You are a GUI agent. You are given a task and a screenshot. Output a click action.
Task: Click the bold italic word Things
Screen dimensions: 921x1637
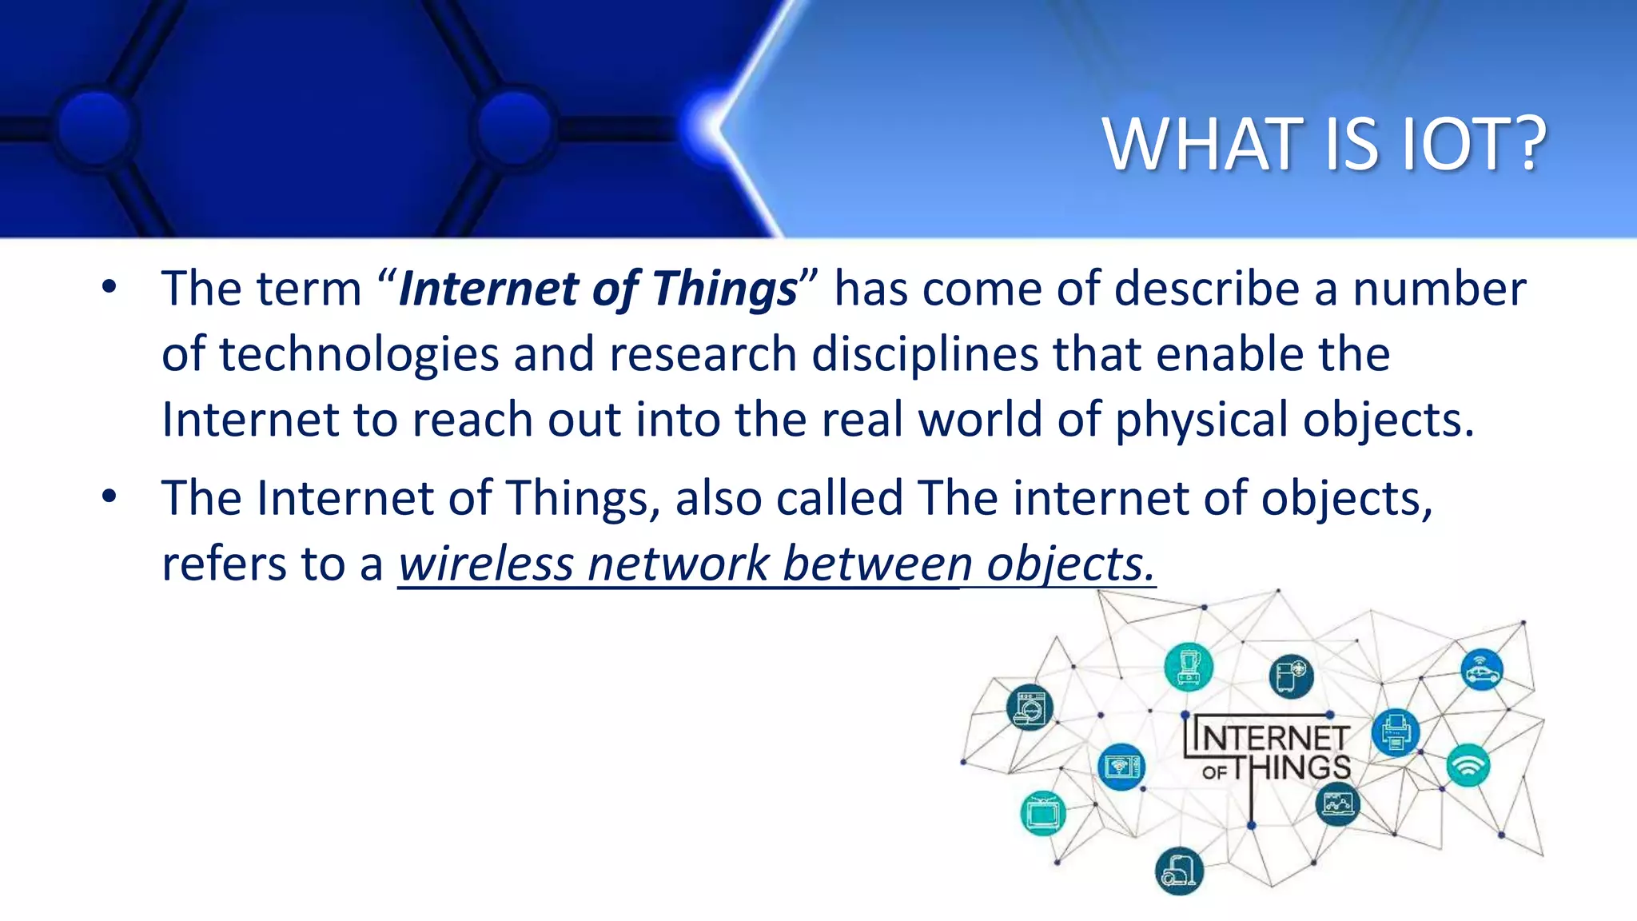click(725, 289)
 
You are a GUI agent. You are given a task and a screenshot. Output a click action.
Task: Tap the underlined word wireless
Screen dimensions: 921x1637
click(486, 564)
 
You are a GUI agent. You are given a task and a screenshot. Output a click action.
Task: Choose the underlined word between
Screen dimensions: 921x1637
click(877, 564)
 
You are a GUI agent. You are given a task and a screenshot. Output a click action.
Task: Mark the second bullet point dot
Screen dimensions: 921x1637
click(110, 497)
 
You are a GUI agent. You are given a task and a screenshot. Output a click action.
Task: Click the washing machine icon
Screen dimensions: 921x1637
click(1030, 708)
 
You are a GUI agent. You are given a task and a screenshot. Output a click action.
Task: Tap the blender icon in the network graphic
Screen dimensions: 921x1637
click(1189, 668)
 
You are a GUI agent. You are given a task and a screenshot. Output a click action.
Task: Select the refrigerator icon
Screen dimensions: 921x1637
click(1291, 676)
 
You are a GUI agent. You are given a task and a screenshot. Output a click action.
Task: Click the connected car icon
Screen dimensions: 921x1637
click(1481, 669)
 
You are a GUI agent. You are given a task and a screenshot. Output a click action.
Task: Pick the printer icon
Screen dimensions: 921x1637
click(1396, 732)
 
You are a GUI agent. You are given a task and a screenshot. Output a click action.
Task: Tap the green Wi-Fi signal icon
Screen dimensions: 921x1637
click(1468, 765)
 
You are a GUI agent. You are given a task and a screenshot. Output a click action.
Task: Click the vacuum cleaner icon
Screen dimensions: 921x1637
click(1179, 871)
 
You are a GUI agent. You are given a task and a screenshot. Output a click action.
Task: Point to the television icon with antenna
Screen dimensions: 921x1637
click(1043, 814)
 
